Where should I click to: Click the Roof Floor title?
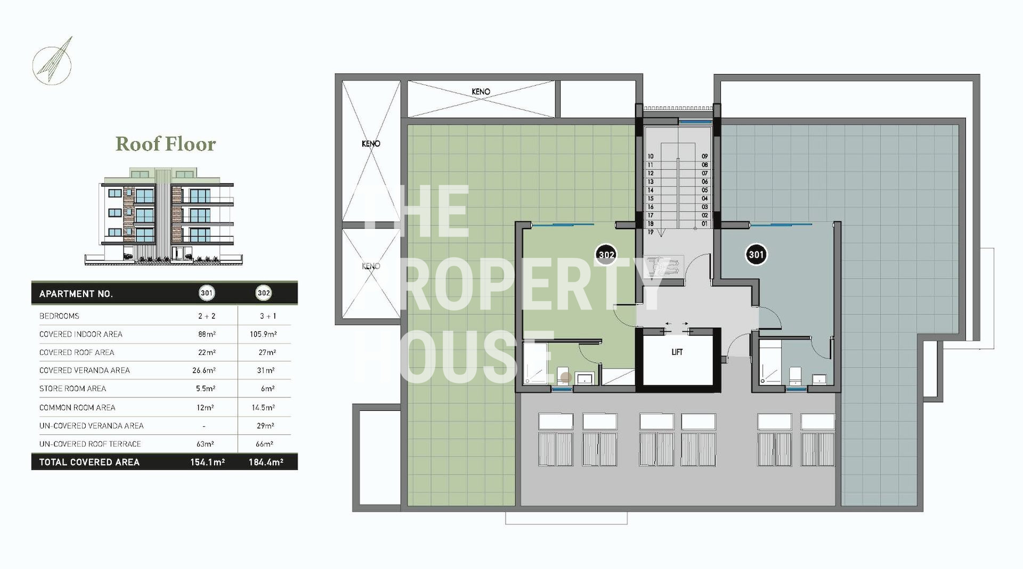[166, 144]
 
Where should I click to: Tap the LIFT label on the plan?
[677, 352]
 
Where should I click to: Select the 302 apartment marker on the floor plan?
[606, 255]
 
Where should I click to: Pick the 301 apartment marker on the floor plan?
[756, 255]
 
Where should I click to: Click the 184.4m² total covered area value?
[266, 462]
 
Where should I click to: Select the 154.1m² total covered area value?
[207, 462]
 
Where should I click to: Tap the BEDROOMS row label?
[59, 316]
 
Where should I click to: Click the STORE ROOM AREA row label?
[72, 388]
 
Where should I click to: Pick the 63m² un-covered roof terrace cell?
[205, 444]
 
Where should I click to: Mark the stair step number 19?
[650, 232]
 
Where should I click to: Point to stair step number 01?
[704, 224]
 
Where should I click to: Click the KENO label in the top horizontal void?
[481, 92]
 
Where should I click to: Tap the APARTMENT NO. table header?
[76, 294]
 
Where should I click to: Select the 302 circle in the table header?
[264, 292]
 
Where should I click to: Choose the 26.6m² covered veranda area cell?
[204, 370]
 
